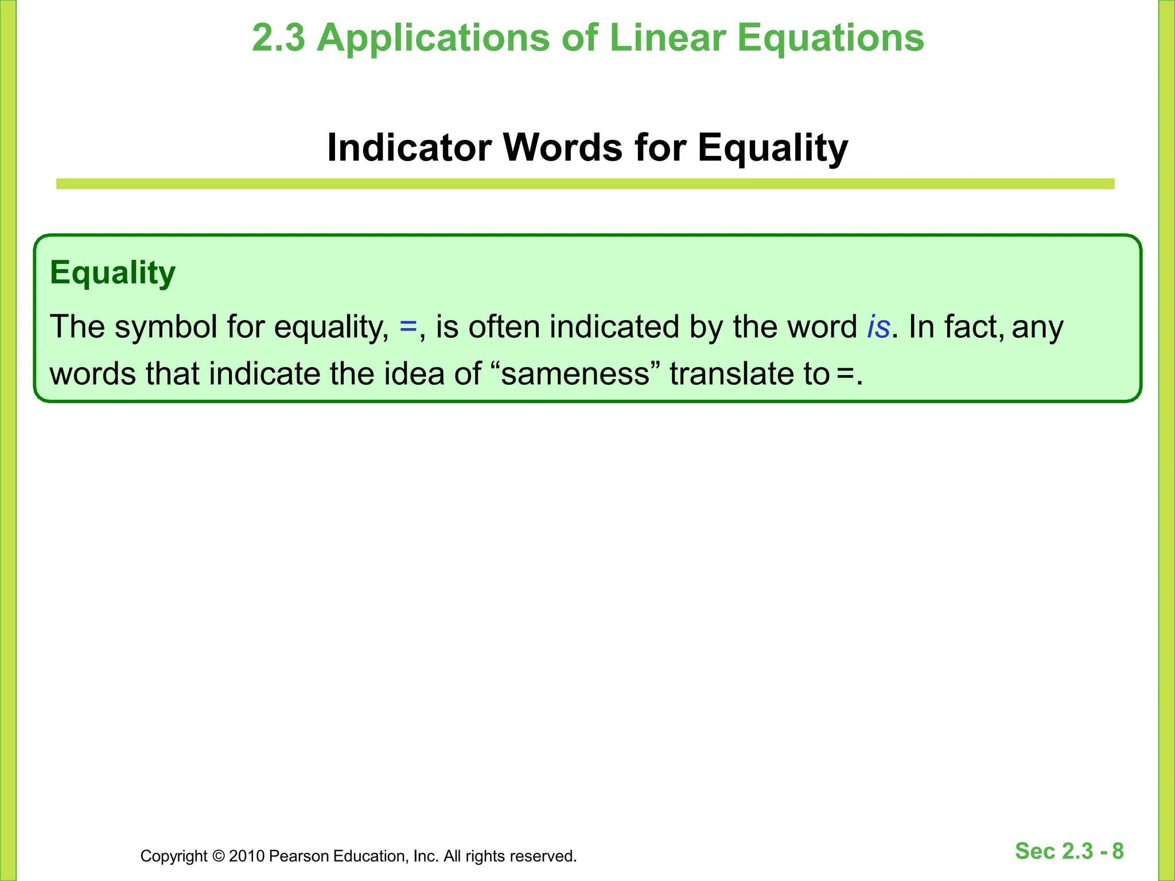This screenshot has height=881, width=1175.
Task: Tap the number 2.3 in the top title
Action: pyautogui.click(x=278, y=38)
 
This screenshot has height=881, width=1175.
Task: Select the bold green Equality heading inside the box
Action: pyautogui.click(x=112, y=273)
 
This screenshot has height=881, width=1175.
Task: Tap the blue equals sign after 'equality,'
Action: pyautogui.click(x=408, y=327)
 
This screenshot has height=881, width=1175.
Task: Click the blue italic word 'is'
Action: pyautogui.click(x=878, y=327)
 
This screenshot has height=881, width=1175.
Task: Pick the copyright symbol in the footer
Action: pyautogui.click(x=218, y=856)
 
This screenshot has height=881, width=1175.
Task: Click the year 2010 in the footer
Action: pyautogui.click(x=247, y=856)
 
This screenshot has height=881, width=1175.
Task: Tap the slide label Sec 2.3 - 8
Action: pyautogui.click(x=1069, y=851)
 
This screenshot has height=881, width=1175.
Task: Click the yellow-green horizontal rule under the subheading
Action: pyautogui.click(x=585, y=184)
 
